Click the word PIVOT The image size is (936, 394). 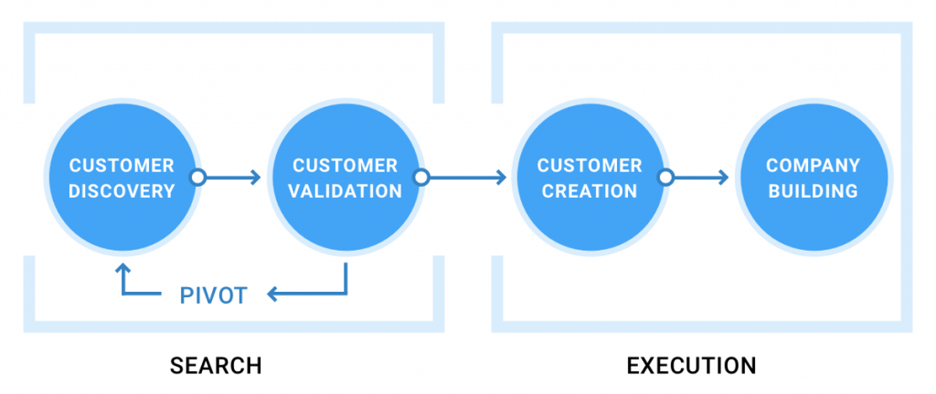214,296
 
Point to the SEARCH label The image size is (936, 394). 216,366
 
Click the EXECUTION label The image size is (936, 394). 691,366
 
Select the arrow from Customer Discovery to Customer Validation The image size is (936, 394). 233,177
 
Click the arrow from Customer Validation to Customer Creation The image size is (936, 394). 468,177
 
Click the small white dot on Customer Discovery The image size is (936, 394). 198,177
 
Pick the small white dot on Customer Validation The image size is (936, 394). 422,177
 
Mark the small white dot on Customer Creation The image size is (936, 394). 666,177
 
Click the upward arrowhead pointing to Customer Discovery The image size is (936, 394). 123,269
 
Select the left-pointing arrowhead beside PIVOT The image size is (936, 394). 273,293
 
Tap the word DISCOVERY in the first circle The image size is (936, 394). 122,191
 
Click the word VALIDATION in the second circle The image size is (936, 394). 345,191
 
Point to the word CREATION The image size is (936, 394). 590,191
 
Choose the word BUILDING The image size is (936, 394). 813,191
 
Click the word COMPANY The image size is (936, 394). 813,166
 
